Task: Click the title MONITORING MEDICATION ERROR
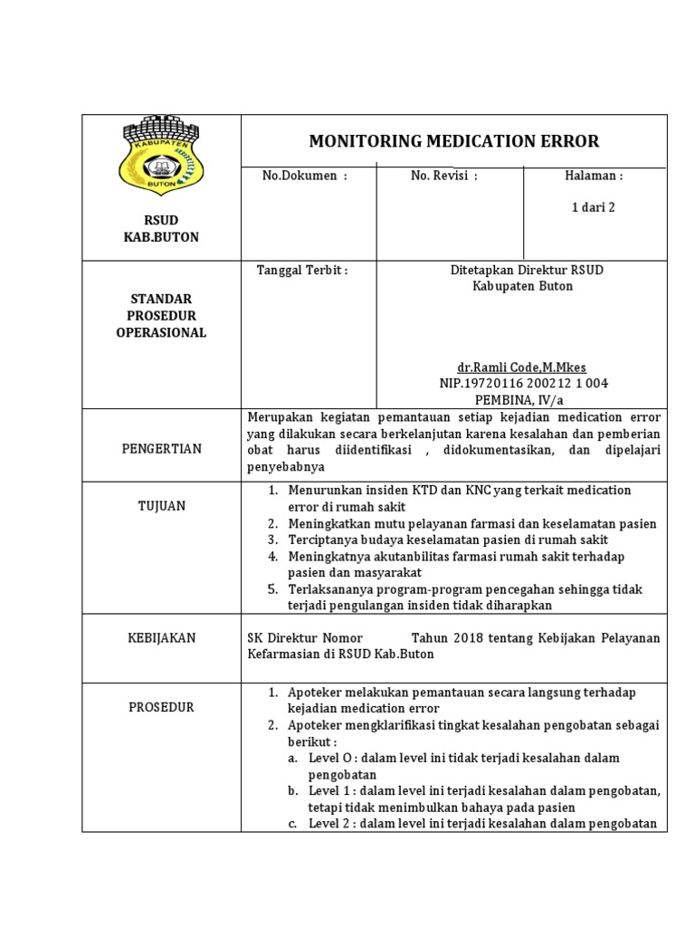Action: pyautogui.click(x=453, y=141)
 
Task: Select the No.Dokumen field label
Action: pyautogui.click(x=304, y=176)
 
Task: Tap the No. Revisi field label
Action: pyautogui.click(x=443, y=176)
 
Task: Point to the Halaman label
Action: pyautogui.click(x=593, y=176)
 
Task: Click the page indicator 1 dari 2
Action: pyautogui.click(x=593, y=206)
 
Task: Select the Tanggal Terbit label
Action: pyautogui.click(x=302, y=270)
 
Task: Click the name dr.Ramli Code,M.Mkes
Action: pyautogui.click(x=521, y=368)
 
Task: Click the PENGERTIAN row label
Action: pyautogui.click(x=161, y=448)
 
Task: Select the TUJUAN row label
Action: pyautogui.click(x=161, y=506)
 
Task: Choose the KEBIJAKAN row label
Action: pyautogui.click(x=161, y=638)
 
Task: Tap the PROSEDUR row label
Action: pyautogui.click(x=161, y=707)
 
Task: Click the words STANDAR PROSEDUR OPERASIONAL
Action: pyautogui.click(x=161, y=315)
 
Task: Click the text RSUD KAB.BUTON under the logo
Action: pyautogui.click(x=161, y=228)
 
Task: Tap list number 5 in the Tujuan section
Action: pyautogui.click(x=272, y=589)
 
